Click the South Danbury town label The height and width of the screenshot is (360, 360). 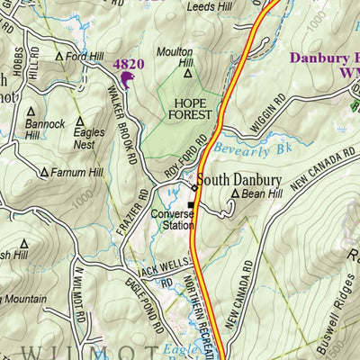point(239,179)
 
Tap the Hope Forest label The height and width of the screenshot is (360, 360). point(190,109)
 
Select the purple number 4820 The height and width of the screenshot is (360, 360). point(128,65)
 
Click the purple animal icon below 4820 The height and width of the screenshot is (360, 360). point(124,82)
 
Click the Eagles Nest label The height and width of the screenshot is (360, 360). point(87,136)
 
